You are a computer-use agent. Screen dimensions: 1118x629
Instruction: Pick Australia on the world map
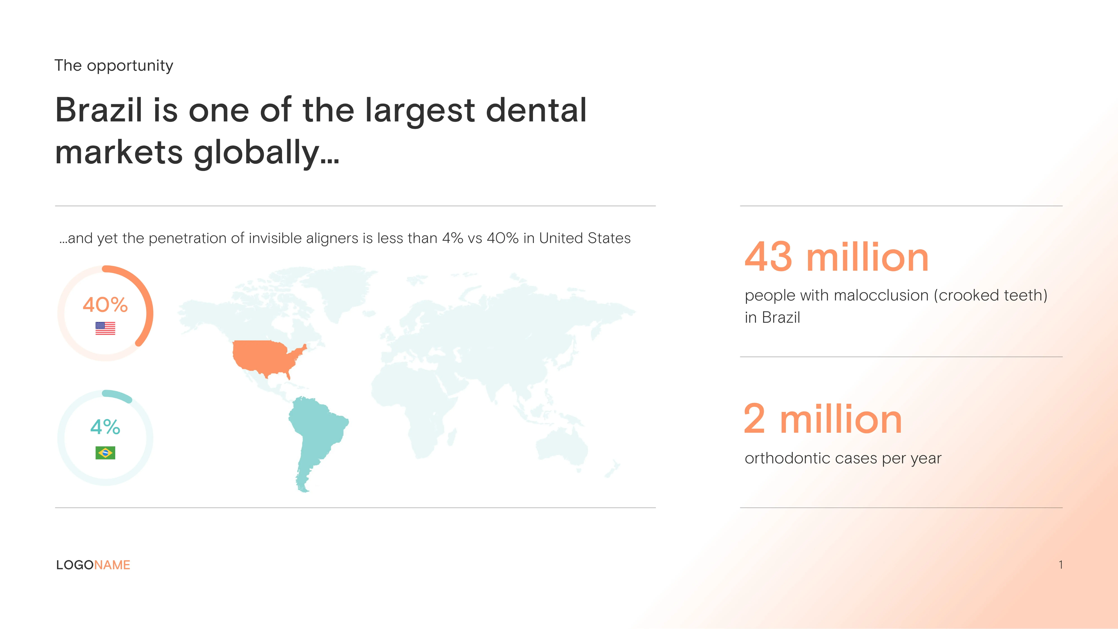pyautogui.click(x=562, y=449)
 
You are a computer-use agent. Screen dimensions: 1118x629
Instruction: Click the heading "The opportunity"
pyautogui.click(x=114, y=66)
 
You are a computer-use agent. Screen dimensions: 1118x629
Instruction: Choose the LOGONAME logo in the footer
pyautogui.click(x=93, y=565)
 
